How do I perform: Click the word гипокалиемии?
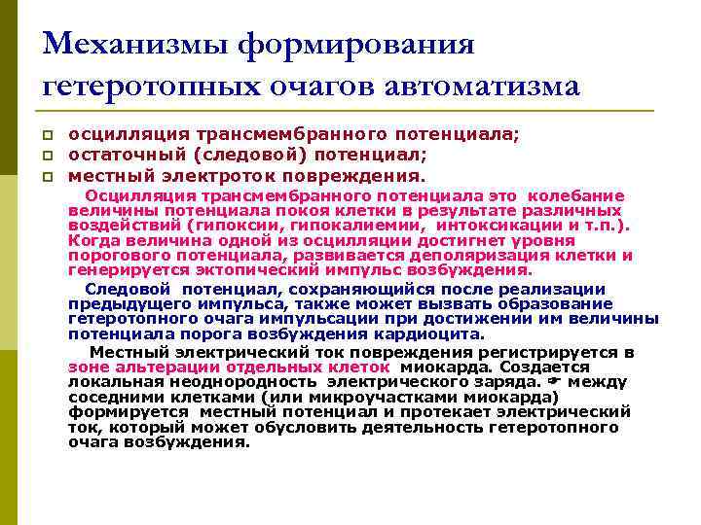click(x=354, y=226)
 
